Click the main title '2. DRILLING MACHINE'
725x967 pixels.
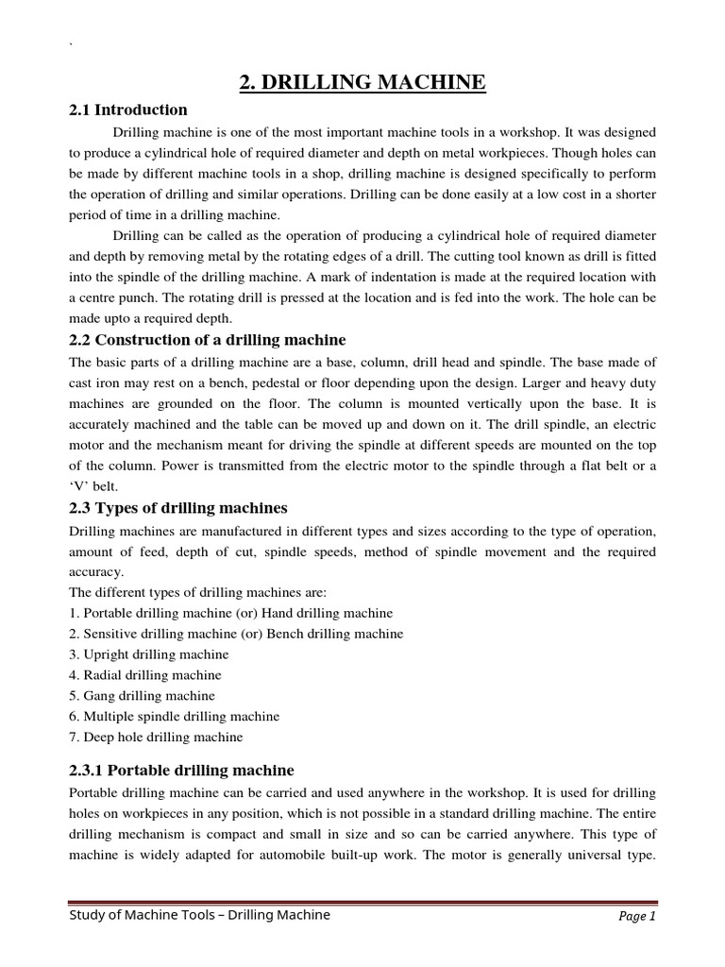(362, 83)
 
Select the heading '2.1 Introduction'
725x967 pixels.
(128, 110)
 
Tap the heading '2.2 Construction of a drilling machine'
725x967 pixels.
(208, 340)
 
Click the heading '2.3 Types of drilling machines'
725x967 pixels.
(178, 508)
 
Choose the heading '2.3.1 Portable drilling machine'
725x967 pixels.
(182, 771)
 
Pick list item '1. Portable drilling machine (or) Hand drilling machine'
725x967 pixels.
(231, 613)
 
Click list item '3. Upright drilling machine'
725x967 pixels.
(149, 654)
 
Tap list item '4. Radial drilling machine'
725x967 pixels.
(145, 675)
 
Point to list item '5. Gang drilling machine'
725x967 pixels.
(143, 696)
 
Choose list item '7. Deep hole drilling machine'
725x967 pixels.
(156, 738)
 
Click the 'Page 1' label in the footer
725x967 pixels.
(637, 917)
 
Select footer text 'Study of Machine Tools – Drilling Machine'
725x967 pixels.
(200, 915)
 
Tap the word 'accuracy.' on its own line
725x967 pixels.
(97, 571)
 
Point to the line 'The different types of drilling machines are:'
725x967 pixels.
(198, 592)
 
